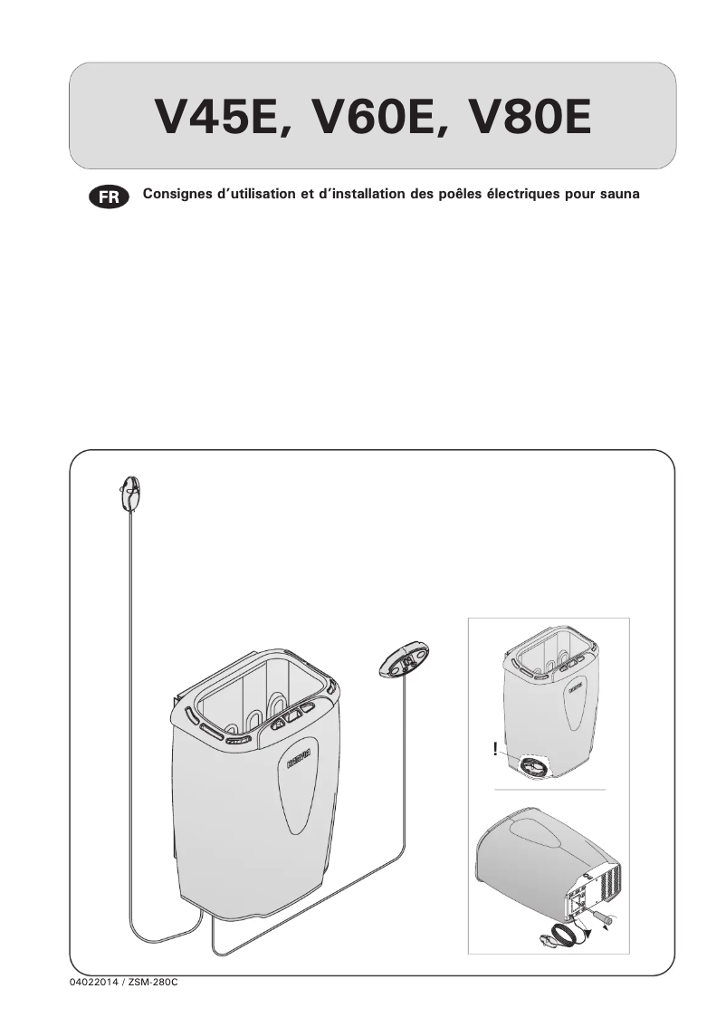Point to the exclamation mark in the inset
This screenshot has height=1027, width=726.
(495, 748)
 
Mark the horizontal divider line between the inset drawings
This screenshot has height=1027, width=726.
(548, 790)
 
